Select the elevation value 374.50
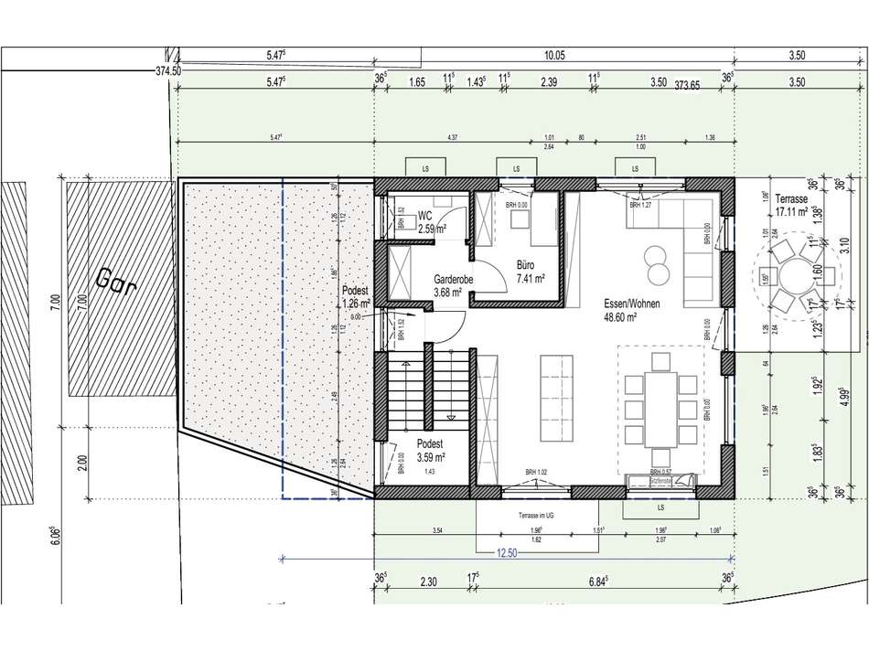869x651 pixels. click(x=168, y=69)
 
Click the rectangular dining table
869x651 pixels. click(x=661, y=395)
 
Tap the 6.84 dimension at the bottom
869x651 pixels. click(x=600, y=581)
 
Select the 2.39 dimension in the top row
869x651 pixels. click(x=549, y=82)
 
